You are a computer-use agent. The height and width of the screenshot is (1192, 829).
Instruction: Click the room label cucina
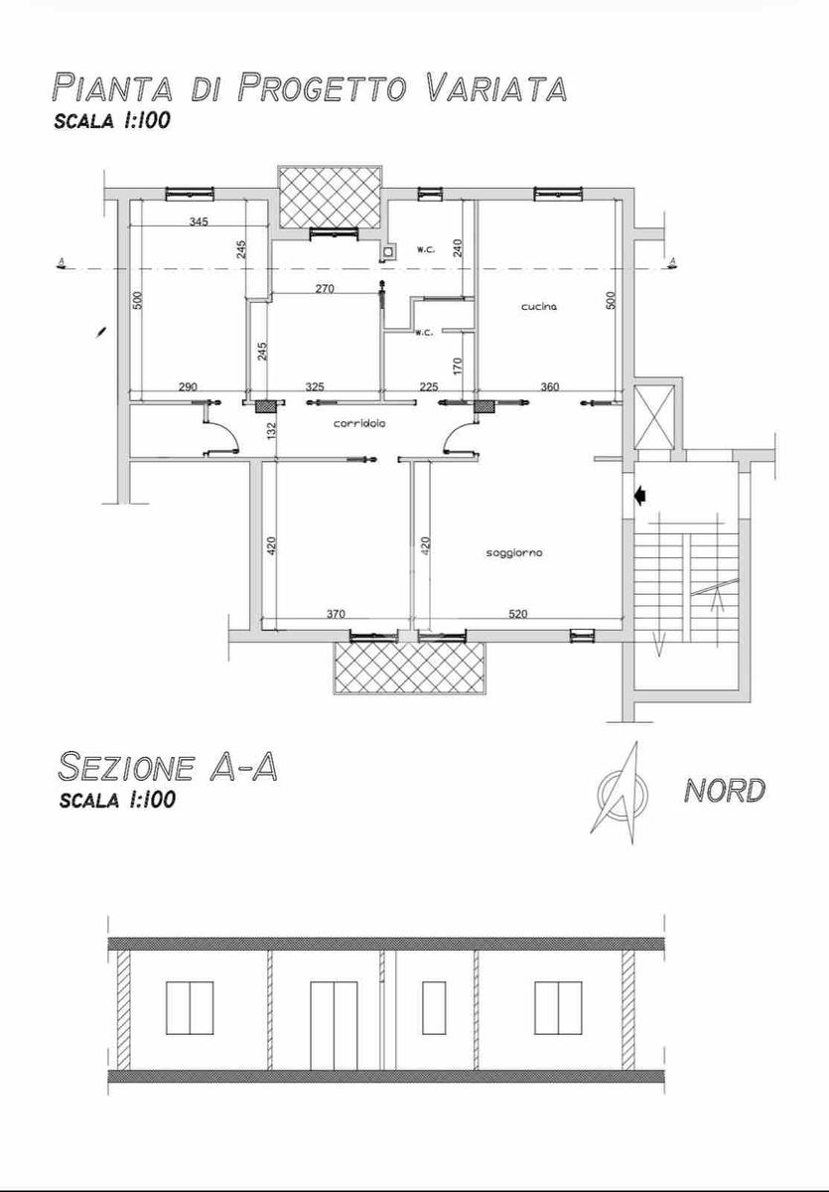click(x=539, y=307)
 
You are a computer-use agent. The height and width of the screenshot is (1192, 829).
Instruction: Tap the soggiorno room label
click(x=514, y=553)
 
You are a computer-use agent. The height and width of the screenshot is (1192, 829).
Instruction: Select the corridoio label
click(x=359, y=423)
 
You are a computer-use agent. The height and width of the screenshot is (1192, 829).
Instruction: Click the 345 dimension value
click(x=199, y=222)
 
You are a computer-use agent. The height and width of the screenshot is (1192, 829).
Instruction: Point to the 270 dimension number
click(x=325, y=288)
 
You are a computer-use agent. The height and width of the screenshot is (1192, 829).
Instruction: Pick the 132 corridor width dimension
click(x=271, y=430)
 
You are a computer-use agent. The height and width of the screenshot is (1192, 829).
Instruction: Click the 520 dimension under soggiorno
click(x=518, y=614)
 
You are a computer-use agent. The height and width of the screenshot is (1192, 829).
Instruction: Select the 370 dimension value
click(x=336, y=614)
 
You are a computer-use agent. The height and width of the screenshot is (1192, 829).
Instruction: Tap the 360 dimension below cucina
click(x=550, y=386)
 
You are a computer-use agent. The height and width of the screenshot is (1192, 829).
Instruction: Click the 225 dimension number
click(x=429, y=386)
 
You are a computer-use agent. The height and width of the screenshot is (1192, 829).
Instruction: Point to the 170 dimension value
click(x=459, y=367)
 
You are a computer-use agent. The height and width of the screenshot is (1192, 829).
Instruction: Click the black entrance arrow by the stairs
click(x=639, y=496)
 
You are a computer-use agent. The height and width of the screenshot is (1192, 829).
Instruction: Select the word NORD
click(x=724, y=791)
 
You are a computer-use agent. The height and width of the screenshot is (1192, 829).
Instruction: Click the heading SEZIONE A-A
click(x=168, y=766)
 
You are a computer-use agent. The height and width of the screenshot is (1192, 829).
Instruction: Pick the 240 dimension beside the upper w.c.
click(x=459, y=248)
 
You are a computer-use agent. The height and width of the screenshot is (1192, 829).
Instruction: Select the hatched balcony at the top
click(x=331, y=197)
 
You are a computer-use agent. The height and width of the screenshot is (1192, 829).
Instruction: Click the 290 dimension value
click(x=188, y=386)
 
